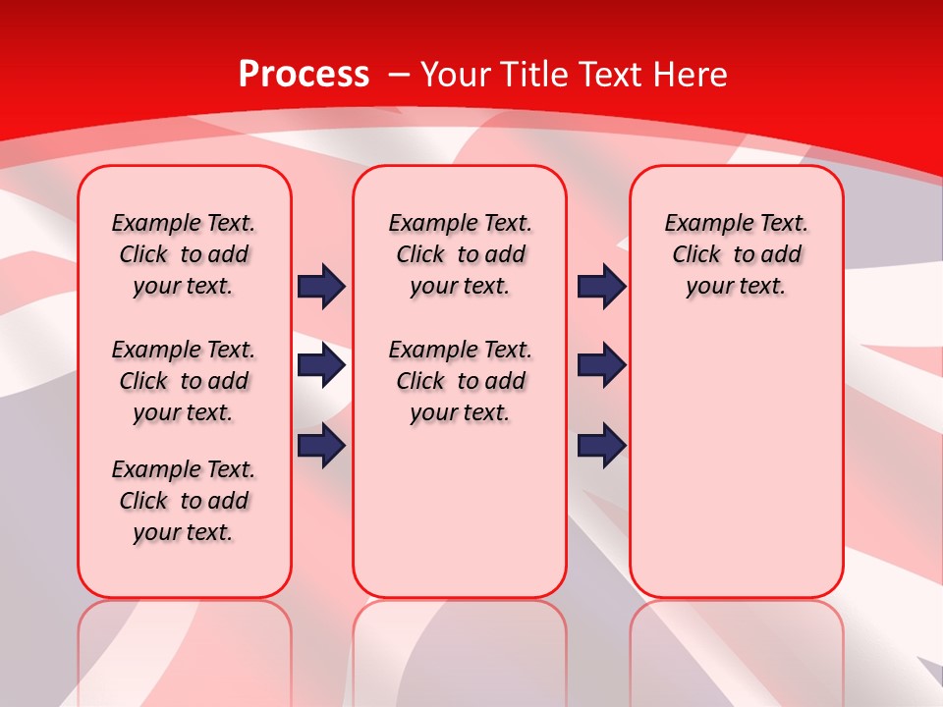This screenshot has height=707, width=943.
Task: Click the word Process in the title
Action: tap(304, 74)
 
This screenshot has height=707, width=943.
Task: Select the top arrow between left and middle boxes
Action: tap(321, 286)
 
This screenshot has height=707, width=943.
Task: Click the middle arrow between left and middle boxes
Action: tap(321, 366)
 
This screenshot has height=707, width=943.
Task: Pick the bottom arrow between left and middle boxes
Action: tap(321, 446)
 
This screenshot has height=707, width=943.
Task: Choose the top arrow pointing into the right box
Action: tap(601, 286)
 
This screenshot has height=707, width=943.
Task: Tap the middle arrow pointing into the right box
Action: tap(601, 366)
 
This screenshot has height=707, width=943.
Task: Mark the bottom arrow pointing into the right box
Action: tap(601, 446)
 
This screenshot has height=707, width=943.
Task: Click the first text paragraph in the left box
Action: tap(184, 254)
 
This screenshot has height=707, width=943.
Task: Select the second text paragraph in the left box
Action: tap(184, 381)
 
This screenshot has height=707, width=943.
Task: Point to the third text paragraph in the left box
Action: tap(184, 501)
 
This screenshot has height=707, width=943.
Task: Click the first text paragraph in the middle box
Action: tap(460, 254)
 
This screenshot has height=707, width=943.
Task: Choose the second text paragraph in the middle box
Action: tap(460, 381)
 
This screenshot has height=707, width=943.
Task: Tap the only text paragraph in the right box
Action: tap(736, 254)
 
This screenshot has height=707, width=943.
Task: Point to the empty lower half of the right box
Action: tap(736, 462)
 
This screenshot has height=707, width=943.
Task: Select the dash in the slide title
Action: tap(399, 74)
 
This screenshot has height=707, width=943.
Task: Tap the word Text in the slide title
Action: tap(613, 74)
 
